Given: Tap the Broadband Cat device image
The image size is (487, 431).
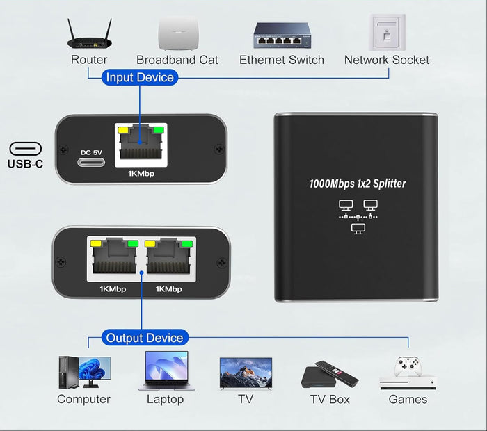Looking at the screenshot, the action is pyautogui.click(x=178, y=33).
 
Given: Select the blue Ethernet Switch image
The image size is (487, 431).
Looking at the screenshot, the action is pyautogui.click(x=282, y=35).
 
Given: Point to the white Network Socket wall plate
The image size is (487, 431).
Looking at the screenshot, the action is pyautogui.click(x=387, y=32).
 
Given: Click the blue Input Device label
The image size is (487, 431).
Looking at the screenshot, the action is pyautogui.click(x=140, y=77).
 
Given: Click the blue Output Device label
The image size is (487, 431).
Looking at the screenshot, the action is pyautogui.click(x=145, y=338).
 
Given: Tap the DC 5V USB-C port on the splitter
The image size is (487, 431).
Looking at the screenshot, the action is pyautogui.click(x=91, y=162).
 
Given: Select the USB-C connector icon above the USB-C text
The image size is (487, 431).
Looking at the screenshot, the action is pyautogui.click(x=26, y=149).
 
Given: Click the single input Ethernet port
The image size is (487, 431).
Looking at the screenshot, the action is pyautogui.click(x=141, y=145).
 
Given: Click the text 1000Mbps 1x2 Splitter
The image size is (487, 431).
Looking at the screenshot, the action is pyautogui.click(x=358, y=184).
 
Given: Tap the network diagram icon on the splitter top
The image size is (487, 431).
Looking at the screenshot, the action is pyautogui.click(x=358, y=217).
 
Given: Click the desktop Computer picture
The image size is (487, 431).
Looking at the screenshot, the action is pyautogui.click(x=84, y=372).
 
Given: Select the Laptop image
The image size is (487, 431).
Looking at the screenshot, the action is pyautogui.click(x=167, y=371).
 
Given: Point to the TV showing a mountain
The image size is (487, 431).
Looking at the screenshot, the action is pyautogui.click(x=246, y=373).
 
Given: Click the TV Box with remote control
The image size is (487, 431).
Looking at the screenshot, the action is pyautogui.click(x=330, y=375).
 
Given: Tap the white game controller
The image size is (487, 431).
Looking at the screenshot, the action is pyautogui.click(x=408, y=366).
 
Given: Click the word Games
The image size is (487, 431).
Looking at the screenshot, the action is pyautogui.click(x=408, y=399).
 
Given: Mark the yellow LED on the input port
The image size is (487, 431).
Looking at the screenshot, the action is pyautogui.click(x=123, y=130).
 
